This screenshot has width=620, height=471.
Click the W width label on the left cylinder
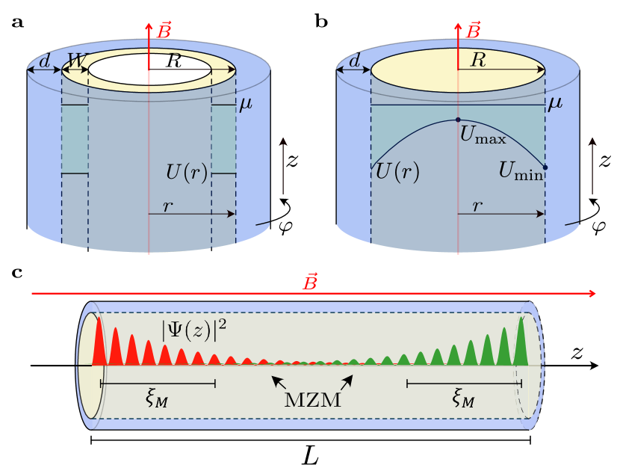click(75, 60)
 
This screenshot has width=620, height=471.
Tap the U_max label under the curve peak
click(483, 137)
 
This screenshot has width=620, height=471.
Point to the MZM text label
click(312, 399)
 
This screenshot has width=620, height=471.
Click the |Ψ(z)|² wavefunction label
click(194, 330)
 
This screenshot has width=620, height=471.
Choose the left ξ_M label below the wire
click(157, 398)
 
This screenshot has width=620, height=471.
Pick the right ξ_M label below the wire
click(464, 398)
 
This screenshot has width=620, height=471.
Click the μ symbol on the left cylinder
click(245, 105)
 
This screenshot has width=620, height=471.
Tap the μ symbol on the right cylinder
click(554, 103)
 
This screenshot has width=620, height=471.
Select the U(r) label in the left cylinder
click(187, 173)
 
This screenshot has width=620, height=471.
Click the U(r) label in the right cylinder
click(397, 173)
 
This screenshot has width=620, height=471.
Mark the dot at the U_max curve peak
click(458, 120)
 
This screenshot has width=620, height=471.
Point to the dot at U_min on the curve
click(545, 167)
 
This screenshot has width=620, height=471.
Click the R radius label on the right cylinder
click(478, 61)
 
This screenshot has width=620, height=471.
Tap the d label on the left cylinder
click(44, 61)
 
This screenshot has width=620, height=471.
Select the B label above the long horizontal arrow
click(309, 283)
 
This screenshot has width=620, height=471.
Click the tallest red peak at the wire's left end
click(97, 342)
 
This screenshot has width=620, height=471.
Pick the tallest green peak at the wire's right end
click(521, 342)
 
